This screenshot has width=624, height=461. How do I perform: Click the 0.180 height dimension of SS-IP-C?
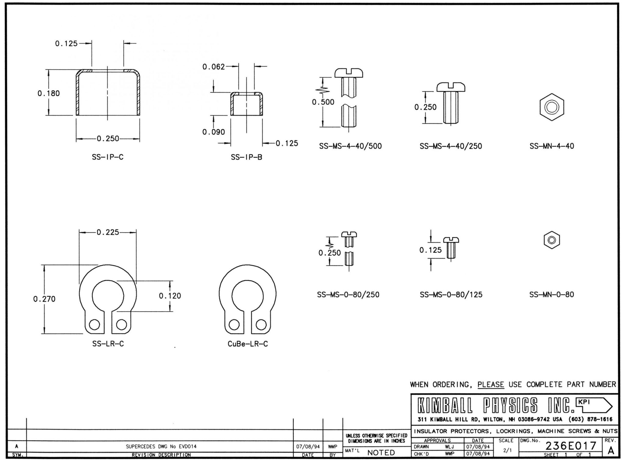pyautogui.click(x=49, y=93)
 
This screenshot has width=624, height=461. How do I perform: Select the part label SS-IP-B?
pyautogui.click(x=246, y=157)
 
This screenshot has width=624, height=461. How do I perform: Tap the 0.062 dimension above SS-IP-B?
pyautogui.click(x=214, y=67)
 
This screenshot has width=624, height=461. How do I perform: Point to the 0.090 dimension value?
pyautogui.click(x=214, y=132)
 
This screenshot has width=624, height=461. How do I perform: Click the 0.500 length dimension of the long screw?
pyautogui.click(x=323, y=102)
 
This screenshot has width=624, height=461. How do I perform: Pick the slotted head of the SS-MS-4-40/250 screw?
pyautogui.click(x=451, y=87)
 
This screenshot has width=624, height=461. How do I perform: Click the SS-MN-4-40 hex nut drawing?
pyautogui.click(x=551, y=107)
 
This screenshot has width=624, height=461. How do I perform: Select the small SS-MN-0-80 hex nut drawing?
pyautogui.click(x=552, y=240)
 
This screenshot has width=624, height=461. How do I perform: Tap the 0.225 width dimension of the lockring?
pyautogui.click(x=108, y=232)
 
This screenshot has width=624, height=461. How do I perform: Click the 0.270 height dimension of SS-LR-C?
pyautogui.click(x=44, y=299)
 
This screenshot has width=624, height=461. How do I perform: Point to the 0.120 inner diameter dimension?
pyautogui.click(x=170, y=296)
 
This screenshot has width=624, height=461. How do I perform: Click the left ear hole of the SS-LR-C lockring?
pyautogui.click(x=94, y=325)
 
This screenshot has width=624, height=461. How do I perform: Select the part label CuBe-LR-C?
pyautogui.click(x=248, y=344)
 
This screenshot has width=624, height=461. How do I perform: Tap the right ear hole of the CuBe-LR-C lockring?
pyautogui.click(x=261, y=325)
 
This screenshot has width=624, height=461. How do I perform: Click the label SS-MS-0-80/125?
pyautogui.click(x=451, y=295)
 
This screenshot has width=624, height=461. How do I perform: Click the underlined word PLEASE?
pyautogui.click(x=491, y=385)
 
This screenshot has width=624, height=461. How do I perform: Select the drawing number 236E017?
pyautogui.click(x=571, y=446)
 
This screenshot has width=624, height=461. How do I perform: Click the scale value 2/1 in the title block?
pyautogui.click(x=507, y=451)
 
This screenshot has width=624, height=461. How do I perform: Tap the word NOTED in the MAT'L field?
pyautogui.click(x=381, y=453)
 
